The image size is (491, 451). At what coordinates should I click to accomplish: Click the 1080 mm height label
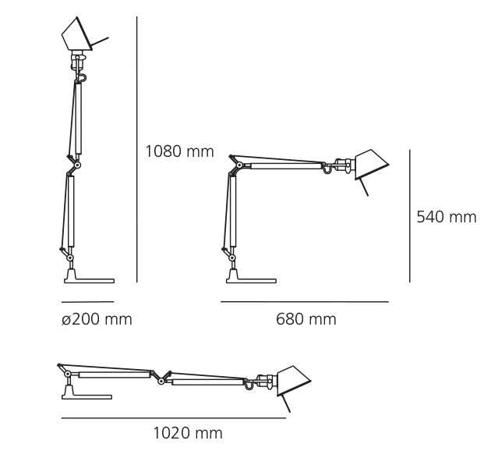[180, 151]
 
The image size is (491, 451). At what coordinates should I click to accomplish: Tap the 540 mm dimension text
[447, 217]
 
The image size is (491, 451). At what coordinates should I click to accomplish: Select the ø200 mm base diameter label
[97, 319]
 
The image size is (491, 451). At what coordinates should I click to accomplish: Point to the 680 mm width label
[306, 319]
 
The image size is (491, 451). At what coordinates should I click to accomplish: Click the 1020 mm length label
[188, 433]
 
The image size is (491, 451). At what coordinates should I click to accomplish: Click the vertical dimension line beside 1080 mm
[137, 150]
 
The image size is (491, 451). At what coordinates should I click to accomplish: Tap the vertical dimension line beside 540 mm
[410, 216]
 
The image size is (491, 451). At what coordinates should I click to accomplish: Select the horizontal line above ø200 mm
[87, 302]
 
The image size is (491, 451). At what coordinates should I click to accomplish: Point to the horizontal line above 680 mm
[305, 302]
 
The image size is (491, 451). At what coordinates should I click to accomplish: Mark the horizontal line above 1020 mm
[174, 417]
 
